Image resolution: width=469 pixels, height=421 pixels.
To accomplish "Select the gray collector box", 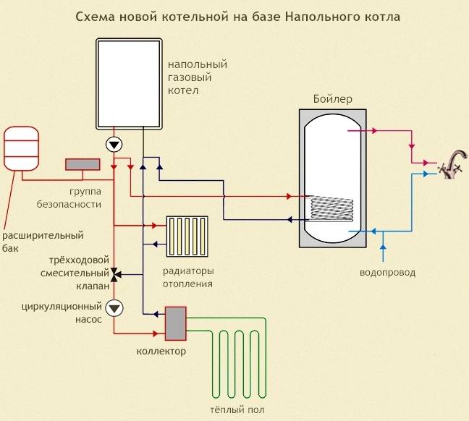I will [175, 323].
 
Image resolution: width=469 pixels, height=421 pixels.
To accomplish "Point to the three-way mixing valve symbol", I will [114, 274].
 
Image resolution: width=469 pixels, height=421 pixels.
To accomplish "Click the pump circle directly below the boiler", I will [114, 144].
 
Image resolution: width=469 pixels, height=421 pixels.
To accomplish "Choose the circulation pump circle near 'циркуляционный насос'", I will [114, 307].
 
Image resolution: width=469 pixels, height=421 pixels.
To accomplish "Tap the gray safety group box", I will [83, 164].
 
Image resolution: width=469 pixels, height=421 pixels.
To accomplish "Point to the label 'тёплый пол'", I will [232, 410].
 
